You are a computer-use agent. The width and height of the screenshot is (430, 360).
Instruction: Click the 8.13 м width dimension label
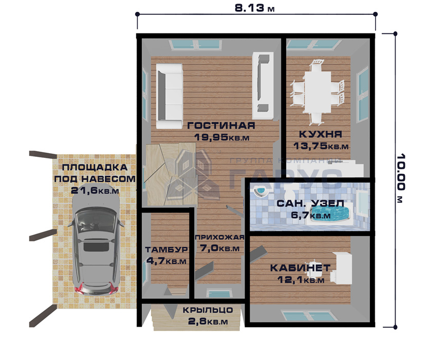[255, 8]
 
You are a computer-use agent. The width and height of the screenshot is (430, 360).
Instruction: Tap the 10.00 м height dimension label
[401, 178]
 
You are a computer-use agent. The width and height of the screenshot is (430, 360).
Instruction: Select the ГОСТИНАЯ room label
[221, 125]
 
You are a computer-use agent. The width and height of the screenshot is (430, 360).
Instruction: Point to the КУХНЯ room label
[321, 134]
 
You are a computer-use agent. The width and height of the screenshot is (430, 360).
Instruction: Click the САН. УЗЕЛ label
[310, 204]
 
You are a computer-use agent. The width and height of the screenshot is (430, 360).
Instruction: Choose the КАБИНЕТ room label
[300, 268]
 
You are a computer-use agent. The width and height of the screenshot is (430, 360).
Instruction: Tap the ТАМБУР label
[166, 249]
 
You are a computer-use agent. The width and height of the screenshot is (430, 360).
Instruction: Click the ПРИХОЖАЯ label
[220, 237]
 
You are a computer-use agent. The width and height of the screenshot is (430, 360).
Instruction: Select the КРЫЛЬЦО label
[208, 310]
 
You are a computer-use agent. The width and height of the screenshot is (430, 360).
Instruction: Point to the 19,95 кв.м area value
[221, 137]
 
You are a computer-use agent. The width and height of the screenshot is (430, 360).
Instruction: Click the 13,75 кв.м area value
[321, 146]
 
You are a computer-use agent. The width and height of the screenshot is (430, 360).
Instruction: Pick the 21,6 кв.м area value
[95, 190]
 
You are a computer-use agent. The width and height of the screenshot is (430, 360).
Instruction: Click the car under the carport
[95, 245]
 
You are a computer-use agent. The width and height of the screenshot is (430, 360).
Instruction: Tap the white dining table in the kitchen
[317, 92]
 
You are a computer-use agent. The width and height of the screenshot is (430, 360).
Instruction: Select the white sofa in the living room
[169, 96]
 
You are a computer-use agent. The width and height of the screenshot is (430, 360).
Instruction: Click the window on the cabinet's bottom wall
[310, 316]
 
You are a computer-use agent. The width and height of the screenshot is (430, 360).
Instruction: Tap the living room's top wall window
[195, 45]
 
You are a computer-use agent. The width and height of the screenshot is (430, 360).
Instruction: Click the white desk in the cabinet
[342, 268]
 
